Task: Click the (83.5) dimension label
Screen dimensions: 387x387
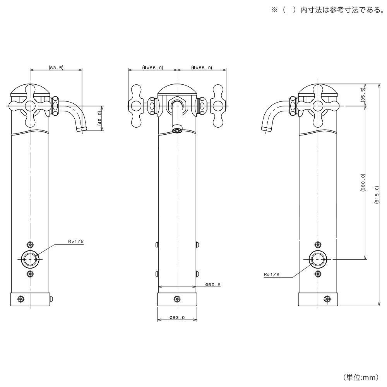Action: click(56, 67)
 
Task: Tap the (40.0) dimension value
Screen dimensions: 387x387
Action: click(99, 118)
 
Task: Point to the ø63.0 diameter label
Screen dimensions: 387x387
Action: click(177, 318)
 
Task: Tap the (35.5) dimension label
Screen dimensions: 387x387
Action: click(363, 95)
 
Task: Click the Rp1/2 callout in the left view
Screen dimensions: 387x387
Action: click(75, 241)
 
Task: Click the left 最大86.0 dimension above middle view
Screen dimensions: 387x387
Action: click(152, 67)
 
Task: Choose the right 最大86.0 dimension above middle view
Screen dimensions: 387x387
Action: click(201, 67)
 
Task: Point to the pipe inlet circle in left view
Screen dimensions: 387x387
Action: click(30, 259)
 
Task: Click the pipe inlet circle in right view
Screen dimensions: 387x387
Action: click(318, 259)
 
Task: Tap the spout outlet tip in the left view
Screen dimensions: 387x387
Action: click(82, 129)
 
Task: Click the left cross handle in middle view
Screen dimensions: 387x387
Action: click(136, 105)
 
